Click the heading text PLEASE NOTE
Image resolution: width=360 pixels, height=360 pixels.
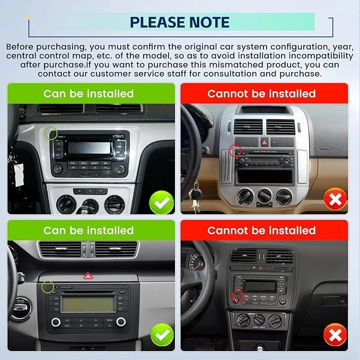[x=180, y=22]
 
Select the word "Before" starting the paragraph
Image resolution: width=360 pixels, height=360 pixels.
[x=21, y=46]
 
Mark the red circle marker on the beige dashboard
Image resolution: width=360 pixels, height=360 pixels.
[x=235, y=152]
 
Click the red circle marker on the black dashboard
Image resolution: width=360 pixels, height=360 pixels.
[x=238, y=296]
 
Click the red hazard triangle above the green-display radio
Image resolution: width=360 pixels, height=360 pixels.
[x=87, y=276]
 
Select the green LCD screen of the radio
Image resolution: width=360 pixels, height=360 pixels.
[x=87, y=304]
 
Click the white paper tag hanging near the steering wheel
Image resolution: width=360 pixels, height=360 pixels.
[x=20, y=173]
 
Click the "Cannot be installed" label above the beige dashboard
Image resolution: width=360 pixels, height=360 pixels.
[x=261, y=94]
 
